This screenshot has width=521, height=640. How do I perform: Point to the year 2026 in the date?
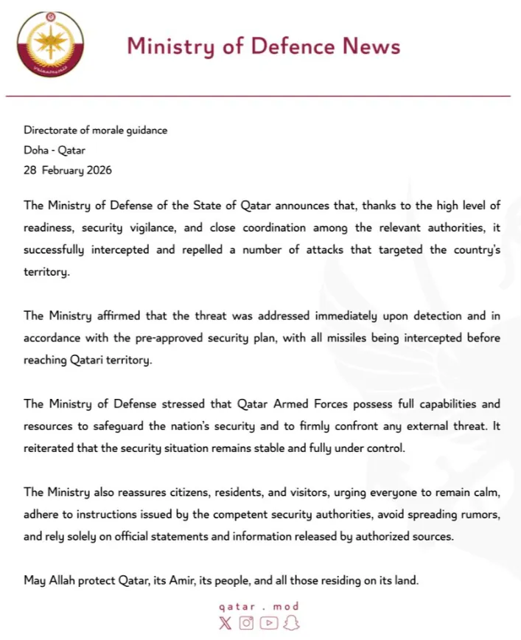pyautogui.click(x=98, y=170)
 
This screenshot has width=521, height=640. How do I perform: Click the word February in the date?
pyautogui.click(x=64, y=170)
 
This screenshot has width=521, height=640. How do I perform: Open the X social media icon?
pyautogui.click(x=225, y=623)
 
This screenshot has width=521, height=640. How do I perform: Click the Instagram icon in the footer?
pyautogui.click(x=247, y=623)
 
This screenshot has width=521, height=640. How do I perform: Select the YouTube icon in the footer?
pyautogui.click(x=269, y=623)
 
